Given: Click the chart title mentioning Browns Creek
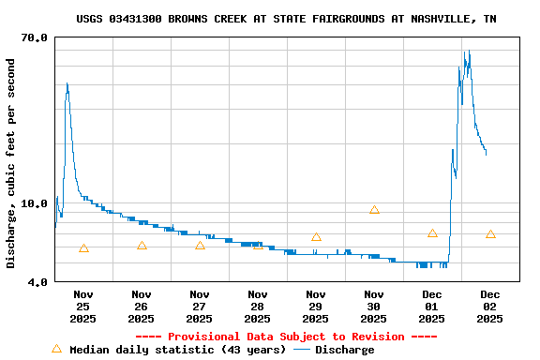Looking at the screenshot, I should (x=286, y=19).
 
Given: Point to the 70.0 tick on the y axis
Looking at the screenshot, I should (x=35, y=37).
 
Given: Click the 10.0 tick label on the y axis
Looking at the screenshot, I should (x=35, y=203).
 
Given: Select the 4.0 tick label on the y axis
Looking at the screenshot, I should (x=37, y=281).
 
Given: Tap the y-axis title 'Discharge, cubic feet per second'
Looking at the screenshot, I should (x=11, y=164).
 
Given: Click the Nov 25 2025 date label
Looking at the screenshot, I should (x=83, y=306).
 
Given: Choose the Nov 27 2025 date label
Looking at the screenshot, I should (x=200, y=306).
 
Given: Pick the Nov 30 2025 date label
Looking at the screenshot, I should (x=374, y=306).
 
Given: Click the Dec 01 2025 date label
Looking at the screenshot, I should (x=432, y=306).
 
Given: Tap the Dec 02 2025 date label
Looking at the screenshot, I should (x=490, y=306).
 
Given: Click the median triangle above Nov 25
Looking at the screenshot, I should (x=84, y=248).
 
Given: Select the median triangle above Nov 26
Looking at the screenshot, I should (x=142, y=246).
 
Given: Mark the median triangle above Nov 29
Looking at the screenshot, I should (x=316, y=237).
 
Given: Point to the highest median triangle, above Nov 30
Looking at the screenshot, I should (x=374, y=210).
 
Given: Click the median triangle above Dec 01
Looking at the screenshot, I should (x=432, y=233).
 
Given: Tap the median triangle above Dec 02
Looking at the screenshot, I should (x=490, y=234).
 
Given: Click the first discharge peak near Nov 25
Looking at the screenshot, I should (x=67, y=84).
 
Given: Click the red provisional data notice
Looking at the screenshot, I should (x=286, y=337).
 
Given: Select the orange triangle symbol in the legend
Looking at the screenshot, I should (x=56, y=349).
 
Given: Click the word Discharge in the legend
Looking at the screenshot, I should (x=344, y=350).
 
